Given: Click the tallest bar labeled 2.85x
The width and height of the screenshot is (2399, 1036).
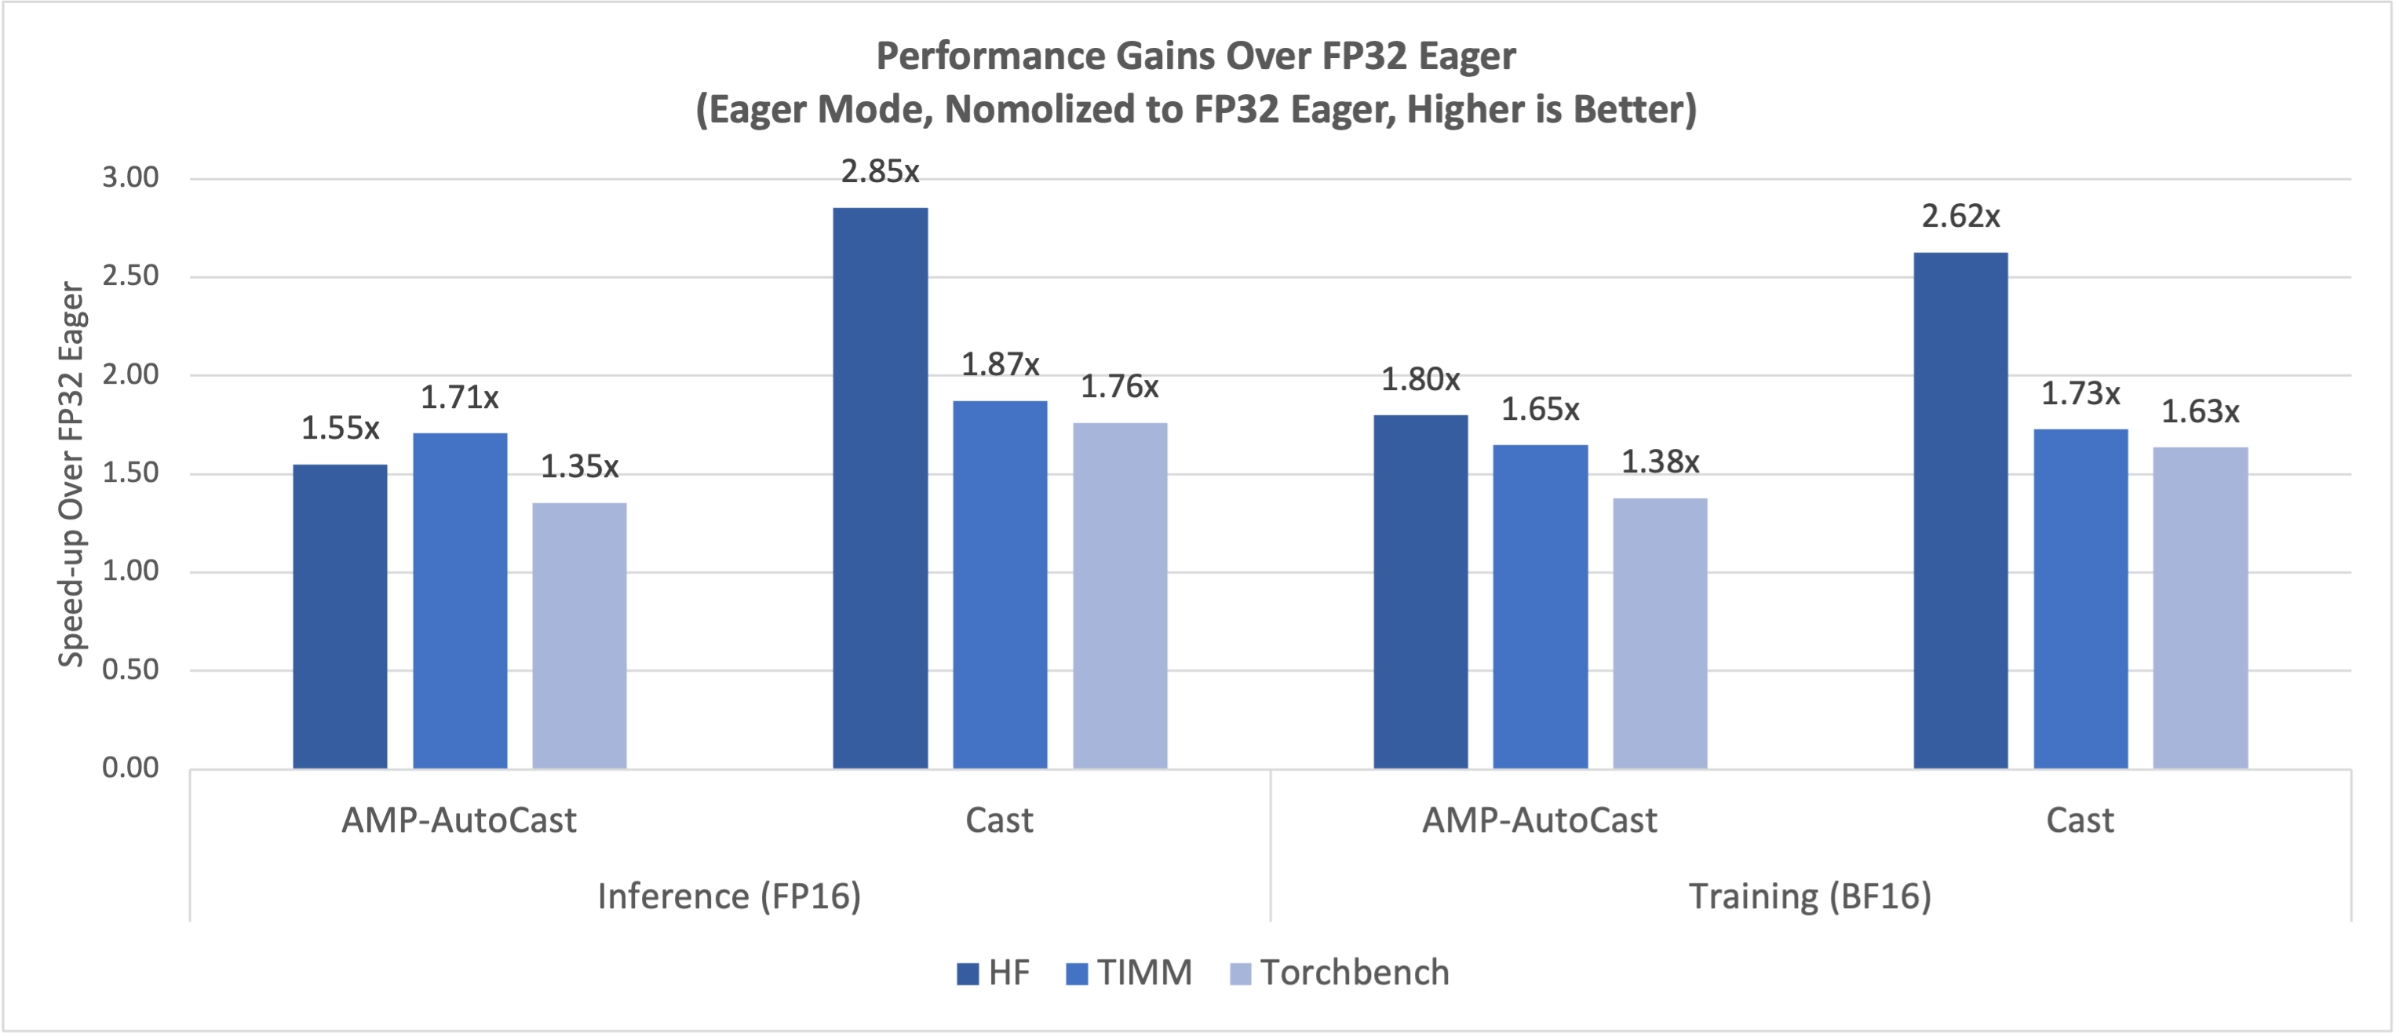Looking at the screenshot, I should pyautogui.click(x=880, y=488).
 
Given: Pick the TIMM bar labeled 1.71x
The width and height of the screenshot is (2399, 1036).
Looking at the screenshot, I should pyautogui.click(x=460, y=601).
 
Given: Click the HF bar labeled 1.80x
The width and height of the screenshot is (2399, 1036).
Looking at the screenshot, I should pyautogui.click(x=1420, y=592).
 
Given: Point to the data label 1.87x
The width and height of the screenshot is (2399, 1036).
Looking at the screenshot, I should pyautogui.click(x=999, y=364).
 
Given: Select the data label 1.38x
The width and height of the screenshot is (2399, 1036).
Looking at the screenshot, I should pyautogui.click(x=1660, y=462).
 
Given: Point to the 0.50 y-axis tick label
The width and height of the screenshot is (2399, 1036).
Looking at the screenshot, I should pyautogui.click(x=130, y=669).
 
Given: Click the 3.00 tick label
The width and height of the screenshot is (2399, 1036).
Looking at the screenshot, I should pyautogui.click(x=130, y=177).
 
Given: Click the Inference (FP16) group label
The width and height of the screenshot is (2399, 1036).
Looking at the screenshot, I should pyautogui.click(x=729, y=896).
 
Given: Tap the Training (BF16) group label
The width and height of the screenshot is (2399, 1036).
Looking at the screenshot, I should pyautogui.click(x=1810, y=896).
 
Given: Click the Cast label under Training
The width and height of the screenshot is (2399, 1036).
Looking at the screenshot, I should pyautogui.click(x=2080, y=821).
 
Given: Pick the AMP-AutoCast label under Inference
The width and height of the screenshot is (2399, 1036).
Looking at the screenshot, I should pyautogui.click(x=459, y=821).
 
